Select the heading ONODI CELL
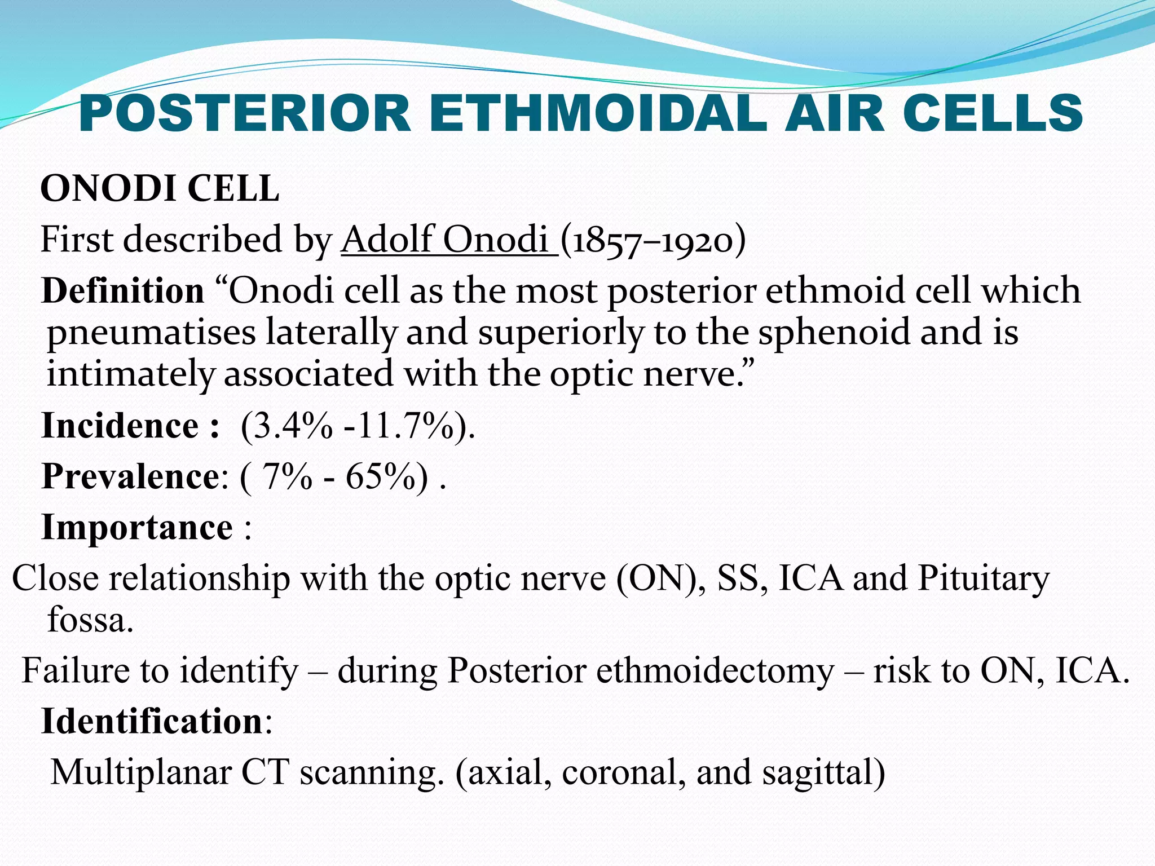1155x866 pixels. click(160, 188)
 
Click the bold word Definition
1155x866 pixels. click(123, 291)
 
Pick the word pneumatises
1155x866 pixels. click(151, 333)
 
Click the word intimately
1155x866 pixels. click(131, 374)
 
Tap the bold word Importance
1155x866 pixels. click(137, 528)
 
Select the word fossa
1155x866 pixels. click(90, 620)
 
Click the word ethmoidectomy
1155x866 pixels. click(715, 671)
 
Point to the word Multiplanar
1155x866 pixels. click(141, 772)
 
